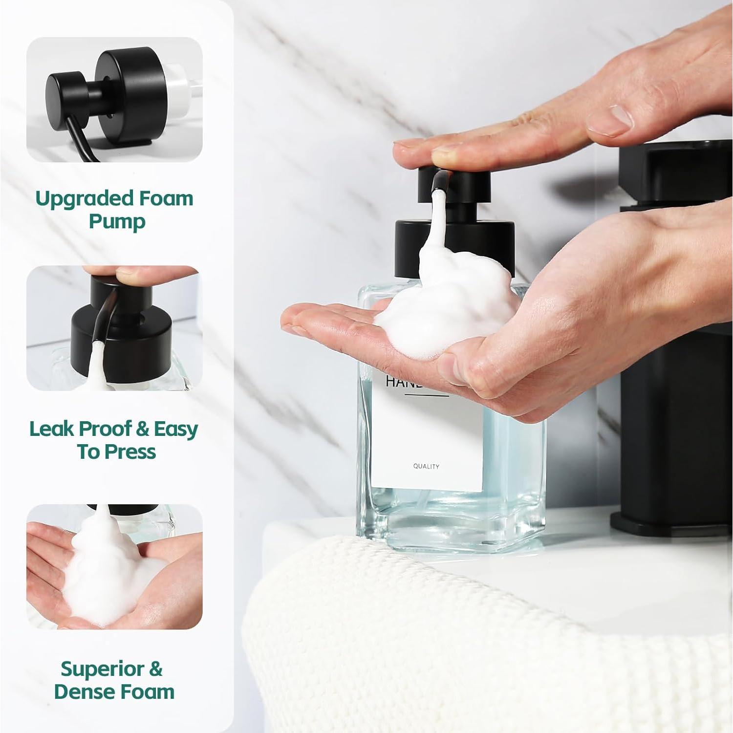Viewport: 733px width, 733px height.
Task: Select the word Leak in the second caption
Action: [51, 429]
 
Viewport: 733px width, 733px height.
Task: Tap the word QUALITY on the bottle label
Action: [426, 467]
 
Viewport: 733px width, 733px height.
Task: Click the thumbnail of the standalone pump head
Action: [114, 100]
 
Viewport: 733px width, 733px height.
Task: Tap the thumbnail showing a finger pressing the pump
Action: [114, 328]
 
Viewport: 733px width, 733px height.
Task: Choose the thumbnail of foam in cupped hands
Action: [114, 567]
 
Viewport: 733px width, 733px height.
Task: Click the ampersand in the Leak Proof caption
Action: [143, 429]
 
